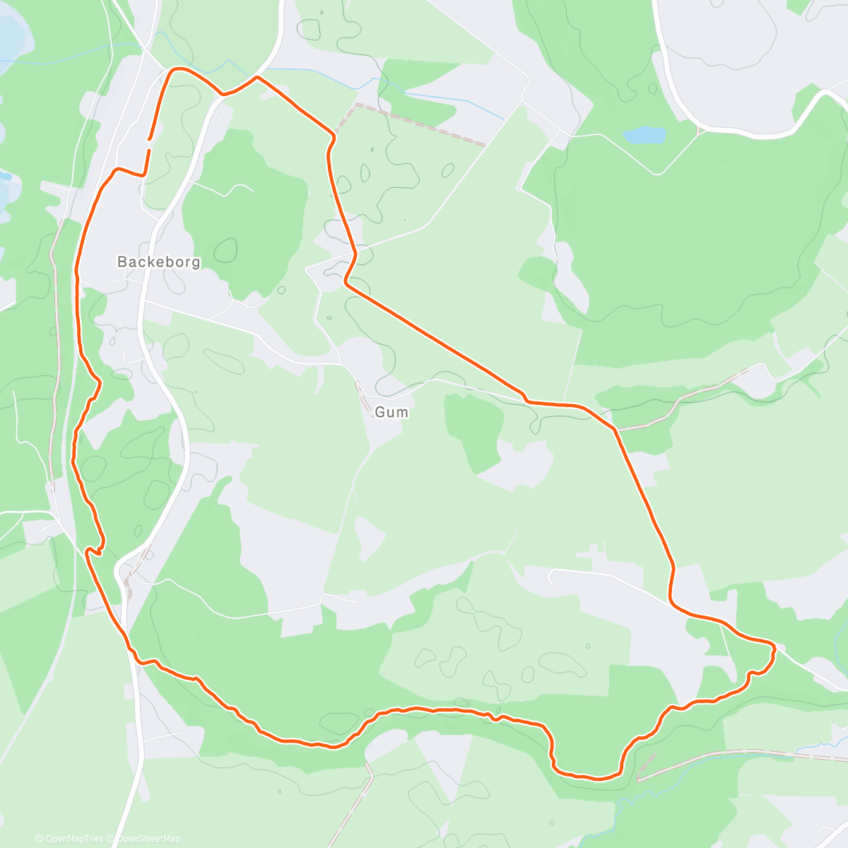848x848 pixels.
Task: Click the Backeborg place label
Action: click(x=158, y=262)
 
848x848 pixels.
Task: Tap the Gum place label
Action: click(x=391, y=412)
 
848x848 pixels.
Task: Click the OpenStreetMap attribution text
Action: click(x=148, y=839)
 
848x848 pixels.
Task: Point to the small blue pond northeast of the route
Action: click(x=644, y=134)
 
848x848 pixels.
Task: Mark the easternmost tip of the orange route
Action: click(x=775, y=647)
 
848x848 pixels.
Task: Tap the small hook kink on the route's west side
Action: click(x=93, y=550)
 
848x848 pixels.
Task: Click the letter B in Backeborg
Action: click(x=122, y=262)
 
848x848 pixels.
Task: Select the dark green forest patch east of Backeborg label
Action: click(x=244, y=212)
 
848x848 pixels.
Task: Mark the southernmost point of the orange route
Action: click(x=598, y=779)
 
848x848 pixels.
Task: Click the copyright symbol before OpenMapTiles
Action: click(x=40, y=839)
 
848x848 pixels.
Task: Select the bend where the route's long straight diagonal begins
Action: click(x=346, y=282)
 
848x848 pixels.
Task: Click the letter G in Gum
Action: click(x=380, y=412)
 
